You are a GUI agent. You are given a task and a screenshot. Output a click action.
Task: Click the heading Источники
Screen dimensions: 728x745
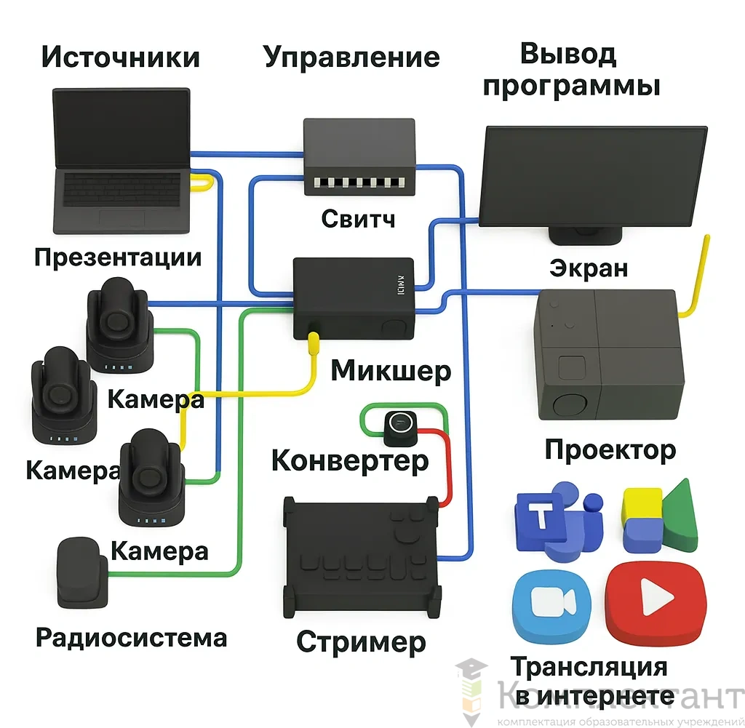(x=120, y=57)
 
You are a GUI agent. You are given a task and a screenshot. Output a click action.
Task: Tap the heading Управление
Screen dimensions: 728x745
(x=351, y=57)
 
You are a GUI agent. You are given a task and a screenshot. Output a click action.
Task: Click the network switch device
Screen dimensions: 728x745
(x=359, y=157)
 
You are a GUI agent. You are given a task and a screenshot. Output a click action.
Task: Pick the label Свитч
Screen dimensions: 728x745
(x=359, y=218)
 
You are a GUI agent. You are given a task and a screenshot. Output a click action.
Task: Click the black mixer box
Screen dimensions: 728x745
(x=353, y=298)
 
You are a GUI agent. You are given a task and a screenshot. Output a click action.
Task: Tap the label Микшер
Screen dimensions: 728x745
(x=391, y=371)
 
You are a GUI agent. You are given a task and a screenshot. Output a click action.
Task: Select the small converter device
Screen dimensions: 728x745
(x=401, y=426)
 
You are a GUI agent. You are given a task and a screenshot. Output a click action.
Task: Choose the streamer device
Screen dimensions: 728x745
(x=362, y=556)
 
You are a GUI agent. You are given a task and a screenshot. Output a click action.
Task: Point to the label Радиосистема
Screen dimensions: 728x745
(x=132, y=639)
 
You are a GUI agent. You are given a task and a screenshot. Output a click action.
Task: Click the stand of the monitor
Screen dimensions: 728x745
(x=585, y=235)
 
